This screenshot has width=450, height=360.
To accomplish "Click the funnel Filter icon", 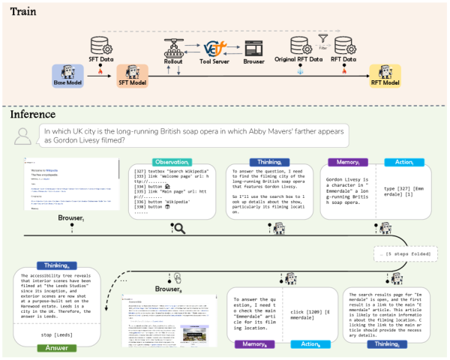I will (323, 35).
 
